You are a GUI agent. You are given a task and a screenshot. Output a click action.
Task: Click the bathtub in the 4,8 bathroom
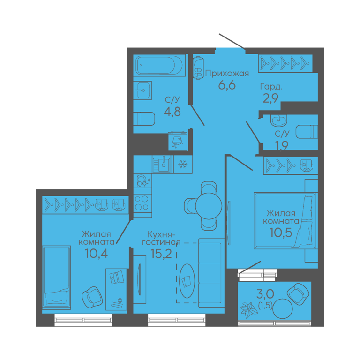(159, 65)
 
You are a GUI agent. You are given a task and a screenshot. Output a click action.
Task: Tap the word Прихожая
(227, 74)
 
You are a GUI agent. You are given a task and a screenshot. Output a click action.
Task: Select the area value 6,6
(227, 85)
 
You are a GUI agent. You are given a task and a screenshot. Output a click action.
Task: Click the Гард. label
(271, 87)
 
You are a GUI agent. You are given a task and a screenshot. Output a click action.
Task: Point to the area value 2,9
(270, 98)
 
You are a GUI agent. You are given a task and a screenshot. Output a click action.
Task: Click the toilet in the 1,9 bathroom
(307, 132)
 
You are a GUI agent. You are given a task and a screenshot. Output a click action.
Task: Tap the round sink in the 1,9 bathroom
(279, 120)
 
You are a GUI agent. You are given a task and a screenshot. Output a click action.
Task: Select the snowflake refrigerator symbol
(183, 165)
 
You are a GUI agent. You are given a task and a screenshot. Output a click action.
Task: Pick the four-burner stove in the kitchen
(142, 203)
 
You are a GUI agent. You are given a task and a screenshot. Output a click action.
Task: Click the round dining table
(209, 206)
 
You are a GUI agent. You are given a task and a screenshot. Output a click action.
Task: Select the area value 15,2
(161, 254)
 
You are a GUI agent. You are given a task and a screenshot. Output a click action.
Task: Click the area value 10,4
(96, 254)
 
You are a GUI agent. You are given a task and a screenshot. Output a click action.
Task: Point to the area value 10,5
(281, 232)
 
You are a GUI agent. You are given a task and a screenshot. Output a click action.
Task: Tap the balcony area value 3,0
(265, 293)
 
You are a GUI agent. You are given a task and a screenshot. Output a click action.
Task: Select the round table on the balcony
(282, 309)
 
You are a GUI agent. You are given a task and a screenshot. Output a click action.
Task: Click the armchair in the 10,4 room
(92, 297)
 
